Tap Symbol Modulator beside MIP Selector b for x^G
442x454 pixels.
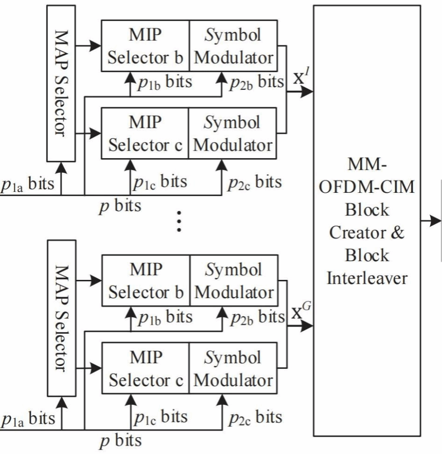click(234, 281)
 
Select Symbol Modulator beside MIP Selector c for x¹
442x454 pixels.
click(234, 134)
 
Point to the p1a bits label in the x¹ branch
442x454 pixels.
click(27, 184)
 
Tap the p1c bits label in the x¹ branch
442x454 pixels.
click(160, 182)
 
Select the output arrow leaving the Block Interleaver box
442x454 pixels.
click(435, 221)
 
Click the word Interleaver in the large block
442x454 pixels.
click(367, 278)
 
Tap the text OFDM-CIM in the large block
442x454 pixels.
click(367, 187)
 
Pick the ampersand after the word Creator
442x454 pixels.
click(397, 233)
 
